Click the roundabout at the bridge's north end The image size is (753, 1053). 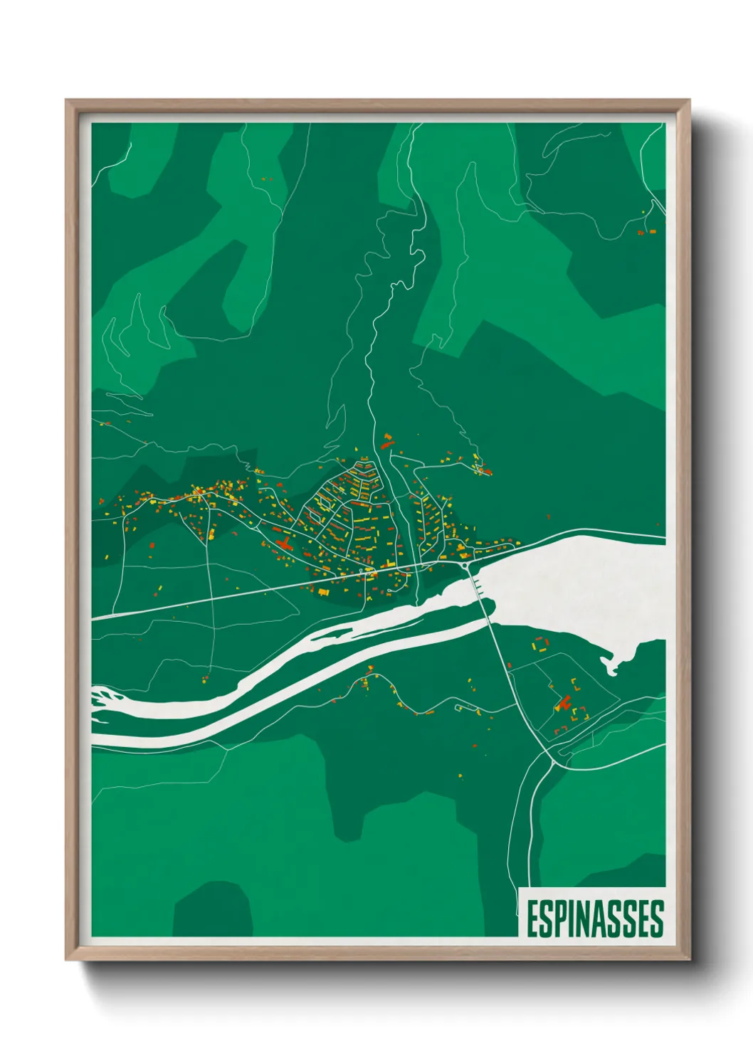click(x=465, y=564)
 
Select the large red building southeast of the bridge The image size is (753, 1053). click(x=564, y=704)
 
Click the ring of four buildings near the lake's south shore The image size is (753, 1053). click(x=541, y=645)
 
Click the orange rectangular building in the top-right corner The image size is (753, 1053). click(x=651, y=231)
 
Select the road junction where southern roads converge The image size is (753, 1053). click(x=554, y=761)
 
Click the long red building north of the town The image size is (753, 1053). click(x=387, y=445)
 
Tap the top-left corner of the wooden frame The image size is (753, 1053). click(x=67, y=101)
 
